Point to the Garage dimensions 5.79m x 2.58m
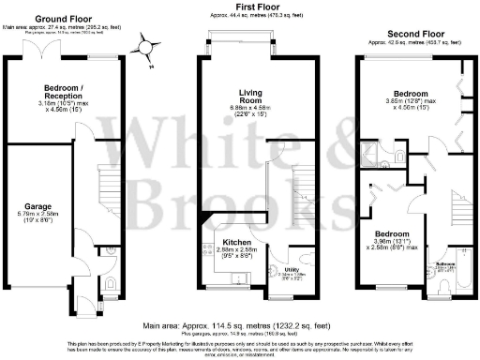(37, 219)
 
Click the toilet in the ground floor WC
(113, 251)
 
